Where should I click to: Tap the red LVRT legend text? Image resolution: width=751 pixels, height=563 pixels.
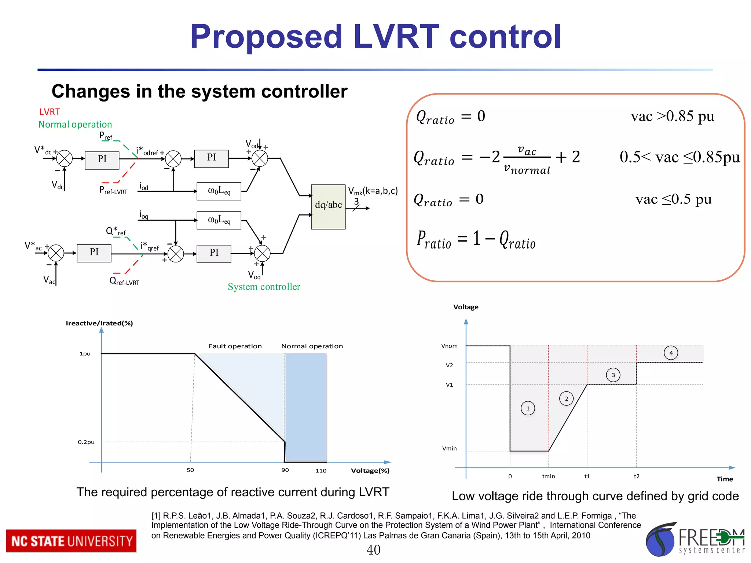point(50,112)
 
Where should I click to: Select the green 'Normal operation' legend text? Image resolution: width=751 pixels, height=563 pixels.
point(75,125)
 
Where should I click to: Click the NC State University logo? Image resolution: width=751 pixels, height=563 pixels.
point(71,541)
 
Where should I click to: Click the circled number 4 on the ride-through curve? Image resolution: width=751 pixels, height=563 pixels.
point(671,353)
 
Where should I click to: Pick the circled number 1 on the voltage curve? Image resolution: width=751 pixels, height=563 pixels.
point(528,408)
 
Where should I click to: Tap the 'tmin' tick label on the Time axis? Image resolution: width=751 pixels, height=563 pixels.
point(549,476)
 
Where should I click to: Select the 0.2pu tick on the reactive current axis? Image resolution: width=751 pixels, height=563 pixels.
point(86,442)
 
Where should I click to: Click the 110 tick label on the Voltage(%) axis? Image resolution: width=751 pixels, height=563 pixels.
point(321,471)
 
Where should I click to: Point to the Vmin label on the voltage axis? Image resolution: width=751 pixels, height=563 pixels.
point(450,449)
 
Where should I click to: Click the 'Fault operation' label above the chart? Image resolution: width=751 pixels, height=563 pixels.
point(235,346)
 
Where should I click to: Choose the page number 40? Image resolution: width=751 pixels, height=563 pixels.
point(373,550)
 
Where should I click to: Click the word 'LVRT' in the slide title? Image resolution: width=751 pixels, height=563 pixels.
point(396,36)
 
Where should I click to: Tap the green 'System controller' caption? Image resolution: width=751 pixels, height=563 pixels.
point(264,287)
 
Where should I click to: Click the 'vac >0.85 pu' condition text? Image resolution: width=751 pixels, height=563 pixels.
point(672,116)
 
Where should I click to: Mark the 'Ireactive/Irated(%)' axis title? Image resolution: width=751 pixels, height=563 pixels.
point(99,323)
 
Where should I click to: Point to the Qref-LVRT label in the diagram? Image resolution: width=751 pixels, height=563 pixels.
point(124,281)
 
